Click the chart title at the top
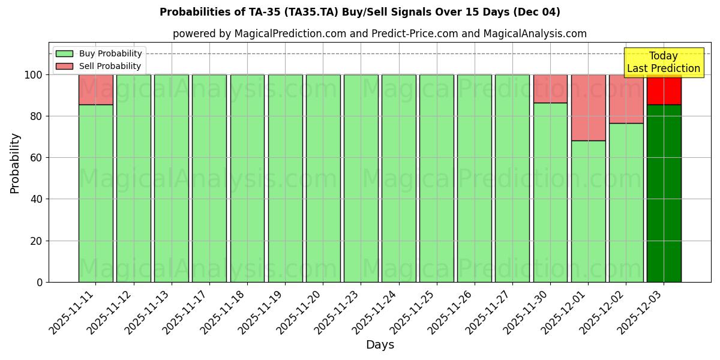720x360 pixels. point(359,12)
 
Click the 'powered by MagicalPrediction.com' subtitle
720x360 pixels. point(379,34)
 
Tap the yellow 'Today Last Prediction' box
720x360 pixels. point(663,62)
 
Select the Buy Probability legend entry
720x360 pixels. point(99,53)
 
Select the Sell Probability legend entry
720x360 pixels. point(99,66)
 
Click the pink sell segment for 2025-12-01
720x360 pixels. point(588,107)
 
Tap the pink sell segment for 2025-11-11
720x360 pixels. point(95,89)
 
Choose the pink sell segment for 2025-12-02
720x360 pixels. point(626,99)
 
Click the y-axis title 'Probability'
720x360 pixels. point(15,163)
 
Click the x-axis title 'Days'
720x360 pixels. point(380,345)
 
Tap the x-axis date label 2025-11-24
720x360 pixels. point(374,313)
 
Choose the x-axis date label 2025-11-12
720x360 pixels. point(109,313)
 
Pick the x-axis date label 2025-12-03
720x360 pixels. point(639,313)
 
